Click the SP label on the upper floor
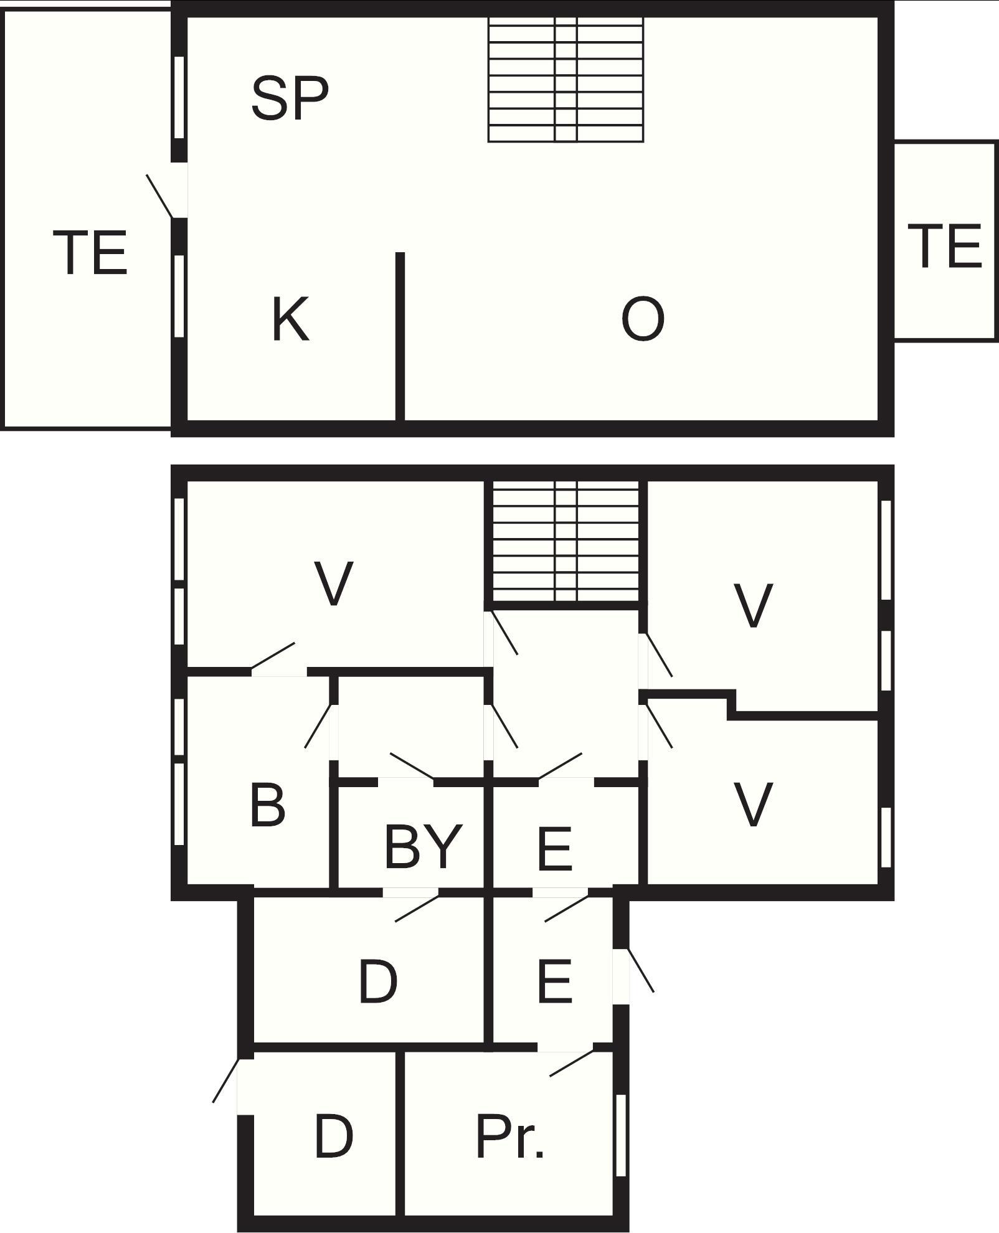coord(290,98)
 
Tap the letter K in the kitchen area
coord(290,319)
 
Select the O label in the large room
coord(643,319)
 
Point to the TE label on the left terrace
coord(90,252)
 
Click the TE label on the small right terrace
coord(945,246)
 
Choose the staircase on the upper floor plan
coord(566,80)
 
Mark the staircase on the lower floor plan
coord(566,541)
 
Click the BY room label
coord(424,846)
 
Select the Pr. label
coord(509,1136)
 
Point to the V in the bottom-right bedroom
coord(754,804)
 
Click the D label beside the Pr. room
coord(334,1136)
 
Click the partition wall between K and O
coord(400,336)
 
